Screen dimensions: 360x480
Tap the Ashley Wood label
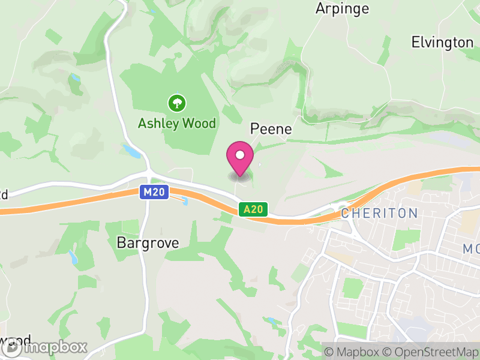pos(176,124)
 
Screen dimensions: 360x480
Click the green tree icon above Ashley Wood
pos(176,103)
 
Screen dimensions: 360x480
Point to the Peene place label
pos(271,129)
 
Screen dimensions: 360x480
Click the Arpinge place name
pos(342,9)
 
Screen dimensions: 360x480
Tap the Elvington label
pos(442,42)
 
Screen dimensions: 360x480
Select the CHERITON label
pos(379,213)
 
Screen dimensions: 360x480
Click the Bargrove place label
pos(148,243)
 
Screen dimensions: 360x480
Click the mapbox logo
pos(45,347)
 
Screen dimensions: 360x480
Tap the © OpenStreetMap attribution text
pos(431,352)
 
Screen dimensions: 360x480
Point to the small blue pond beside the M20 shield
pos(184,200)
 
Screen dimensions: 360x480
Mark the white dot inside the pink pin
pos(240,155)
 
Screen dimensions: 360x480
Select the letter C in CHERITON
pos(345,213)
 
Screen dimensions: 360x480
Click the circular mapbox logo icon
pos(11,347)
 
